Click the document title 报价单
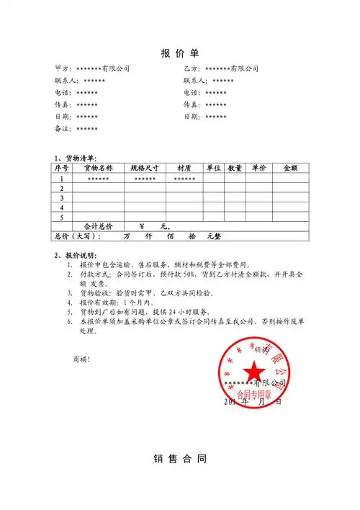click(x=180, y=53)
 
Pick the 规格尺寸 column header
click(x=145, y=168)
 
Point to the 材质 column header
click(x=184, y=168)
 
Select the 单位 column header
click(x=213, y=168)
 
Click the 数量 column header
click(x=235, y=168)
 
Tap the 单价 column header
click(x=259, y=168)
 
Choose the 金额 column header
click(x=291, y=168)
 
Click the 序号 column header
click(x=62, y=168)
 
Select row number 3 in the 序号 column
click(x=62, y=197)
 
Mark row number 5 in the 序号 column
click(x=62, y=216)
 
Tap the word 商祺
click(x=81, y=359)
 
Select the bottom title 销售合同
click(x=180, y=458)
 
